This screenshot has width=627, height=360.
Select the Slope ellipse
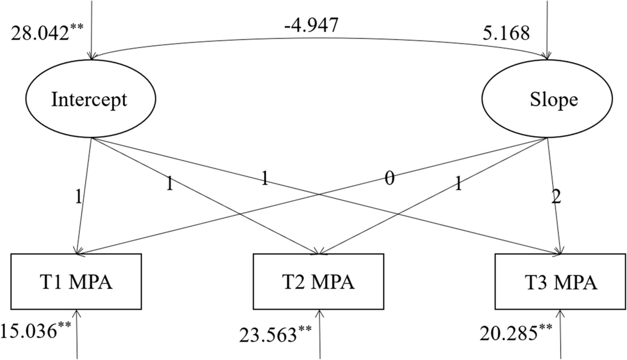point(547,99)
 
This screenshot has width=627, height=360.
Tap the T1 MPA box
point(76,282)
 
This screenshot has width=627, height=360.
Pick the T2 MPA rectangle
point(319,282)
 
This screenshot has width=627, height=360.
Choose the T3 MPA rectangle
point(561,282)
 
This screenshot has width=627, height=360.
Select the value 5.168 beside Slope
point(506,33)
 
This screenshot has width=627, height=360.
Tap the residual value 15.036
point(36,331)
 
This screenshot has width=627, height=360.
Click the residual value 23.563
point(275,335)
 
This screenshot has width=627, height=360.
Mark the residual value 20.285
point(516,332)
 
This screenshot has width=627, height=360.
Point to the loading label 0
point(389,178)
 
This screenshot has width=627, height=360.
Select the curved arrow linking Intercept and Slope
point(319,38)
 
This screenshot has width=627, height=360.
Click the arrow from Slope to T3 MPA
point(554,196)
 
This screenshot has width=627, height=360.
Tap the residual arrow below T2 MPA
point(319,334)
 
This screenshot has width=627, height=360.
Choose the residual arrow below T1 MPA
point(77,334)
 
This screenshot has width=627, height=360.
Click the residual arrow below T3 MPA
point(561,334)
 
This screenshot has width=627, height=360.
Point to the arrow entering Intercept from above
point(92,30)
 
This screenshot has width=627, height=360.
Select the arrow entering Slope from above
point(547,30)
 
